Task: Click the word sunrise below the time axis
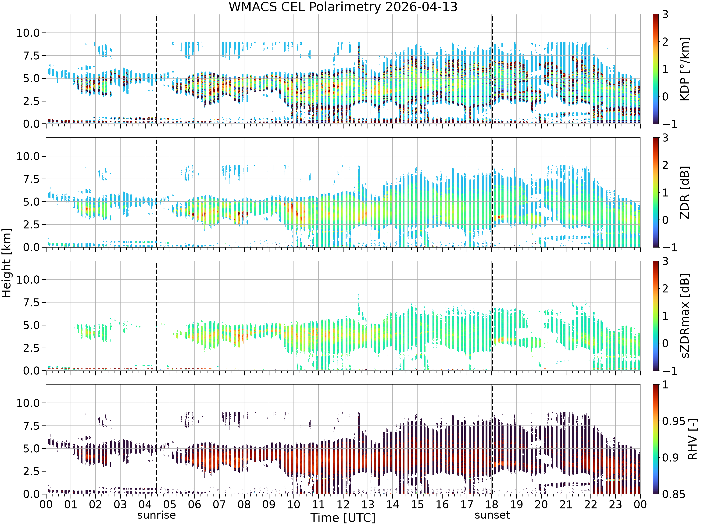157,515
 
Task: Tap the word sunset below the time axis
492,515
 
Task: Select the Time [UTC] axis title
343,518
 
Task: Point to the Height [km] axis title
6,263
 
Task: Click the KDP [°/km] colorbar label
685,69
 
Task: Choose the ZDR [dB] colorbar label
685,192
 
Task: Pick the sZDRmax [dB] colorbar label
685,316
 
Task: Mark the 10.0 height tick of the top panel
28,33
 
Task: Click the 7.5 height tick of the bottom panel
31,426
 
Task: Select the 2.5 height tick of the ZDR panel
31,224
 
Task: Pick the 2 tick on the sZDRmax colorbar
665,288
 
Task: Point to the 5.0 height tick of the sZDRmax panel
31,325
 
